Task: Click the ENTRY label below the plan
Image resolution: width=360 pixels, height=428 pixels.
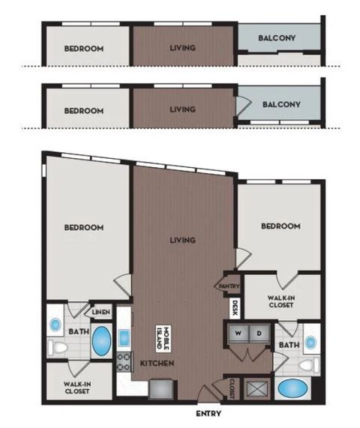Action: (x=208, y=414)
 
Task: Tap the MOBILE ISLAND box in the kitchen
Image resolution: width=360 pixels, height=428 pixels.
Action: (x=163, y=339)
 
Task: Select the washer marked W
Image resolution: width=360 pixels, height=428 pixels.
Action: (x=238, y=333)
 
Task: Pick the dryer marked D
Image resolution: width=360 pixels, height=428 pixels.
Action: (x=259, y=333)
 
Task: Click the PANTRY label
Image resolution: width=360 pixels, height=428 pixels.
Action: (x=229, y=286)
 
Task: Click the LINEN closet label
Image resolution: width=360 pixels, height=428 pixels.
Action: (x=101, y=312)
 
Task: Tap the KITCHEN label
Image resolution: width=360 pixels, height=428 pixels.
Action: (x=157, y=363)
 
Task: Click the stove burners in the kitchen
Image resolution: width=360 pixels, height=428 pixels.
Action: (x=124, y=361)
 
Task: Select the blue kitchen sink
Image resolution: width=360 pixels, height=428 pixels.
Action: (x=124, y=338)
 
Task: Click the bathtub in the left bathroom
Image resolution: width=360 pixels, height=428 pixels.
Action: (x=101, y=340)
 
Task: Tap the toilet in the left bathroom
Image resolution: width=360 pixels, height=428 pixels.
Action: (x=58, y=348)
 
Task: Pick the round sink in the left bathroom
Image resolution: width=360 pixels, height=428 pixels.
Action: (x=55, y=325)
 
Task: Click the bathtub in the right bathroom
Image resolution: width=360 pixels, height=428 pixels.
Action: (x=292, y=388)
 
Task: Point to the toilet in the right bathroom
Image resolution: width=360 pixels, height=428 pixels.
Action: (x=309, y=365)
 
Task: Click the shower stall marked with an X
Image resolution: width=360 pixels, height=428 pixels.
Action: (x=256, y=389)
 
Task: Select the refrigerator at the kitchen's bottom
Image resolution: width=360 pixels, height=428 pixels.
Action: (x=161, y=389)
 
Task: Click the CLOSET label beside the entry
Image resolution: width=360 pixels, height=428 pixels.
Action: (x=232, y=388)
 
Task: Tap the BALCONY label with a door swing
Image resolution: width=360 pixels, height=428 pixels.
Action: (x=281, y=104)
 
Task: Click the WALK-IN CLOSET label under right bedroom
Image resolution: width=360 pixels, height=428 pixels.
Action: (x=280, y=301)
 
